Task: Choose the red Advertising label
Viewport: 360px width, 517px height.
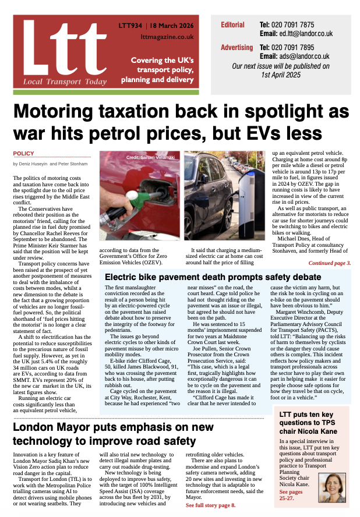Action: [x=237, y=47]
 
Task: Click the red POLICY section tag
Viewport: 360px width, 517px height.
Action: [x=24, y=154]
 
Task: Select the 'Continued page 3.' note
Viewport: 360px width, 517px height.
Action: [x=329, y=263]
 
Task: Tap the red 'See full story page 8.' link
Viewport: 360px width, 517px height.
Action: [x=210, y=505]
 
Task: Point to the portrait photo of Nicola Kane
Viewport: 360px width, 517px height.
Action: [x=333, y=482]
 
